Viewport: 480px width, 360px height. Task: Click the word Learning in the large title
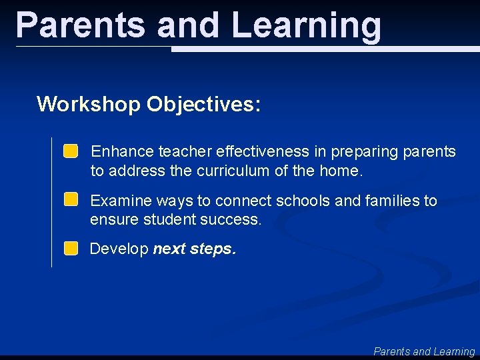click(x=307, y=25)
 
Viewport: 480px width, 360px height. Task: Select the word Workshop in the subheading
click(x=89, y=104)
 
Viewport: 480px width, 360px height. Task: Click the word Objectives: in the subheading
click(x=204, y=104)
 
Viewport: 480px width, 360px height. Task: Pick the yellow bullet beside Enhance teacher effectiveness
click(x=71, y=151)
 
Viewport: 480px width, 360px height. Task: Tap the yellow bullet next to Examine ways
click(x=71, y=199)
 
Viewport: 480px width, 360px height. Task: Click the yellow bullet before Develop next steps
click(x=71, y=249)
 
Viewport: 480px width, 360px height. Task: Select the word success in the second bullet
click(x=233, y=219)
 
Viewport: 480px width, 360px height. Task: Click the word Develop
click(x=119, y=249)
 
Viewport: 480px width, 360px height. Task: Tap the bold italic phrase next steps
click(x=194, y=249)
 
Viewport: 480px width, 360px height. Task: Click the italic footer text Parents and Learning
click(x=424, y=351)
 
